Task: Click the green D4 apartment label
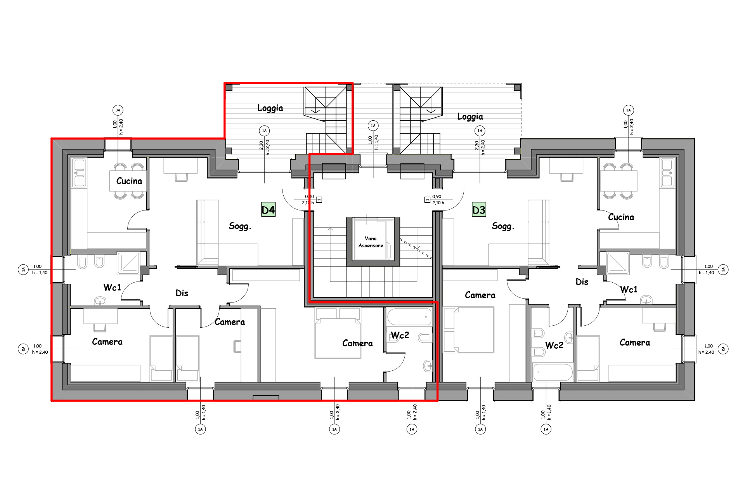point(268,210)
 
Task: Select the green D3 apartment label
point(479,210)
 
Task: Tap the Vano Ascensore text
point(371,242)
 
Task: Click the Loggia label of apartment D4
point(270,108)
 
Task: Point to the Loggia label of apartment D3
point(470,116)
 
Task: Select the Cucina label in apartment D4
point(129,181)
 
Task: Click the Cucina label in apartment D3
point(621,217)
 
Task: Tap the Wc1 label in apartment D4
point(112,287)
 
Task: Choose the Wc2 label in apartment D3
point(554,345)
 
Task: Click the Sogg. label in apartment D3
point(503,226)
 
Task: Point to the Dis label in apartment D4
point(182,293)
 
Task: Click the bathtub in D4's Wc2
point(409,317)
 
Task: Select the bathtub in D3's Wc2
point(553,372)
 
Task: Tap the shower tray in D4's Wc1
point(128,262)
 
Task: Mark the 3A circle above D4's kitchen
point(118,110)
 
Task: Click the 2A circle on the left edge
point(23,349)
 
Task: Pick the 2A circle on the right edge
point(723,349)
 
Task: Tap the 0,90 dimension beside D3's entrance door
point(437,196)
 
